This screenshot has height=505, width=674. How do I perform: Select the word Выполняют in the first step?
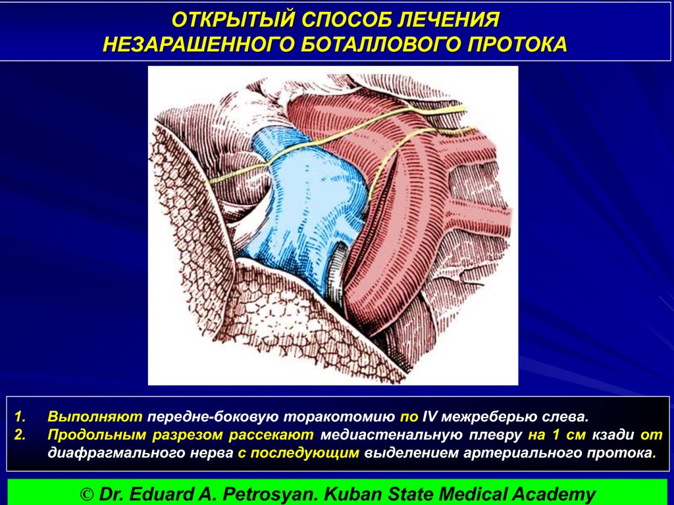click(95, 417)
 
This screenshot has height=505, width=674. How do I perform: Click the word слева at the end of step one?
click(568, 417)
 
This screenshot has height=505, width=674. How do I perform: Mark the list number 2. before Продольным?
click(22, 435)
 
